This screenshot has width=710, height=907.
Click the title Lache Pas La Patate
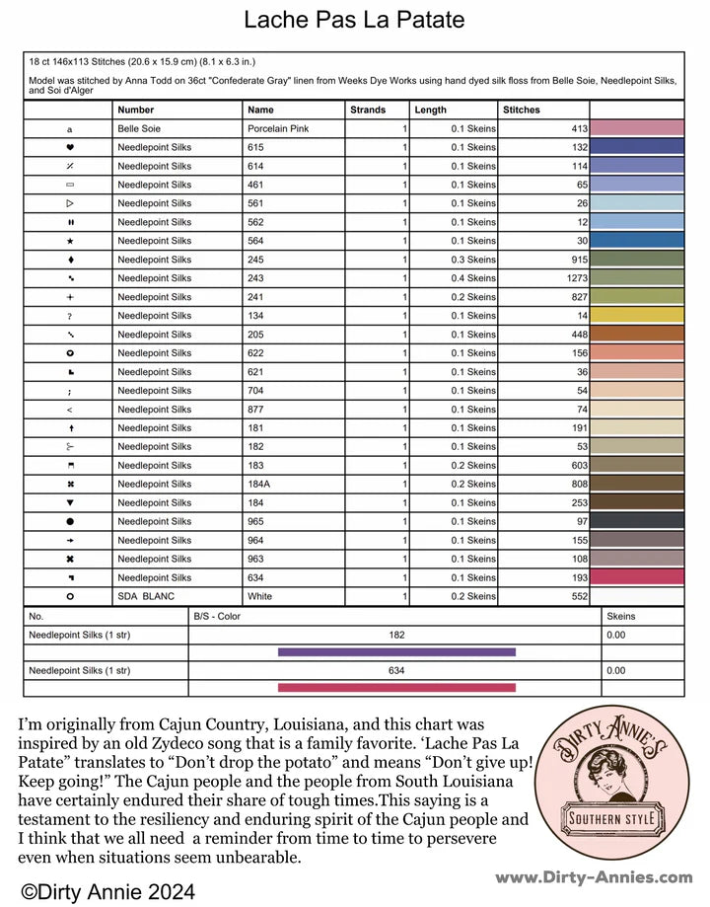click(354, 20)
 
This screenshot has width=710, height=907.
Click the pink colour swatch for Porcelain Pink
click(636, 128)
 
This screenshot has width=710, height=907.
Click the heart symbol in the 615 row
click(70, 147)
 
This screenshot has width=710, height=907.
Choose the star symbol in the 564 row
click(70, 241)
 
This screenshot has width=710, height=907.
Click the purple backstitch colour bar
click(396, 651)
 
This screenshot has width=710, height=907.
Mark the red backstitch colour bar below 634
click(396, 687)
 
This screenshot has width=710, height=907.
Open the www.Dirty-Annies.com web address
click(594, 876)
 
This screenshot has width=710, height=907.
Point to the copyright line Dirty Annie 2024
click(108, 890)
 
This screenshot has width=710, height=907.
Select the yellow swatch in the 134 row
click(636, 316)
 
